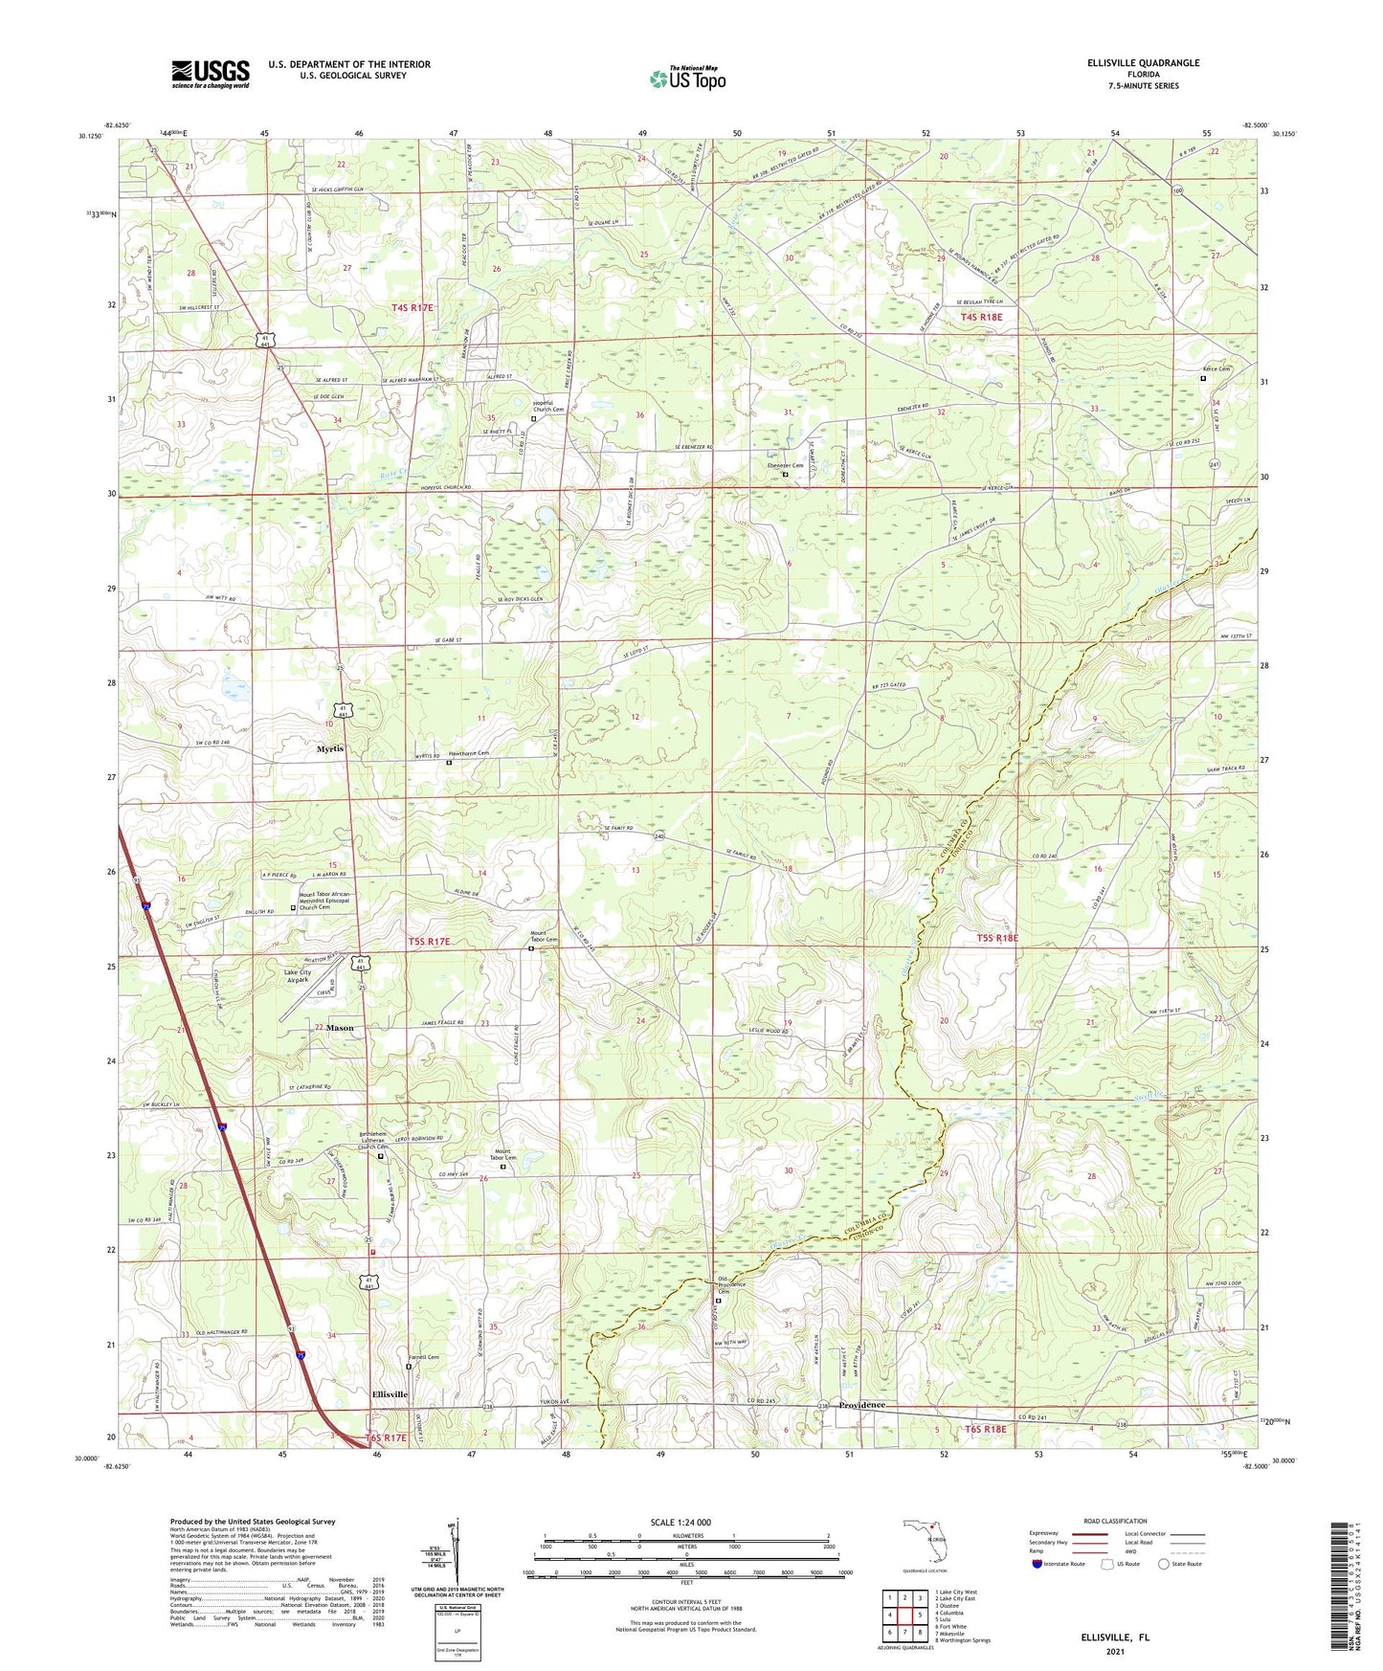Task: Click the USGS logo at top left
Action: [211, 73]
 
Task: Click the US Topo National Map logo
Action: [687, 78]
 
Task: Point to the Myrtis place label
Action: [330, 749]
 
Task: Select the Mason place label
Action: [340, 1028]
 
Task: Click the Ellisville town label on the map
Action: [390, 1394]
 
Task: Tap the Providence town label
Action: [861, 1405]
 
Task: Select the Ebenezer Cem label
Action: [785, 465]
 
